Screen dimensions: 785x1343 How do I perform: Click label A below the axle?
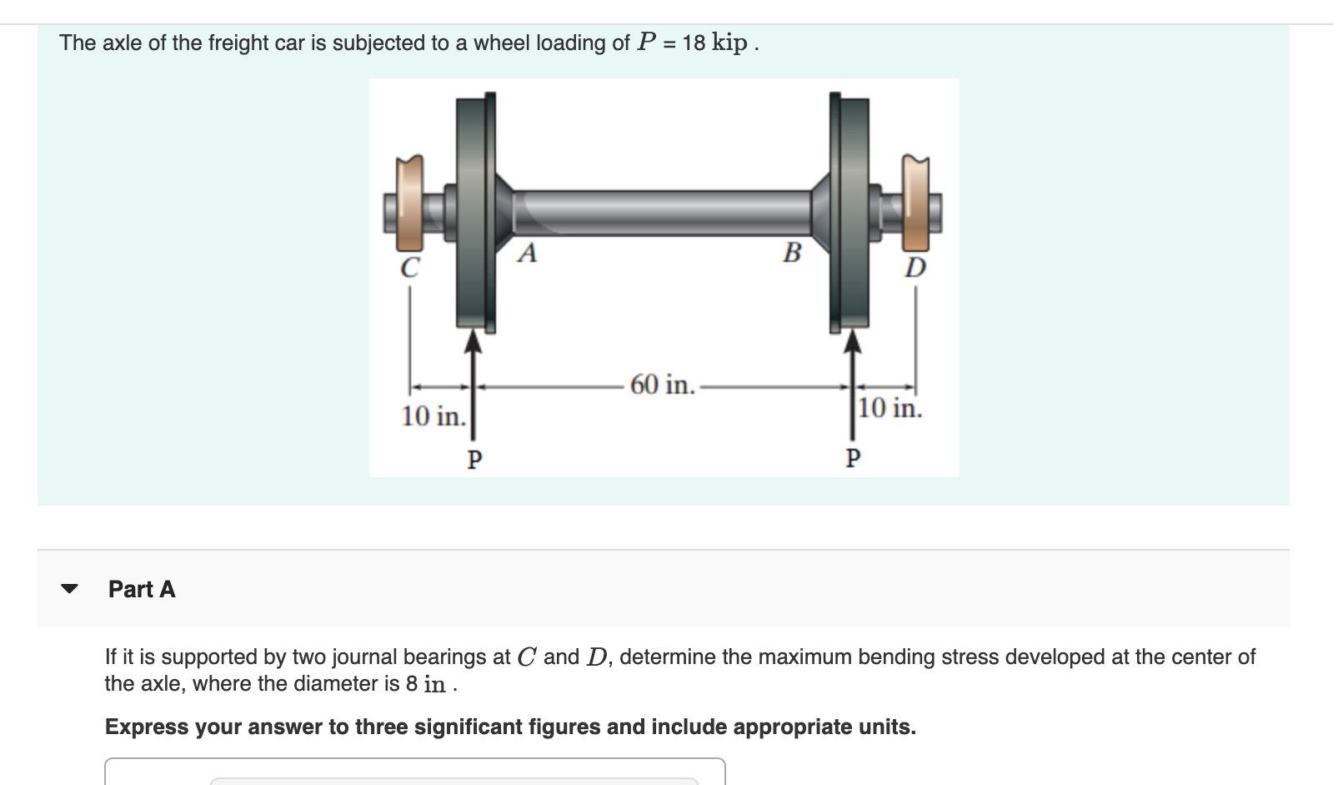(527, 253)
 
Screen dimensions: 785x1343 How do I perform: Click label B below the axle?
(792, 252)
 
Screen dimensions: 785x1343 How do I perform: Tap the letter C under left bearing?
(409, 269)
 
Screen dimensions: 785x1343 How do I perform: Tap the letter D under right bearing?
(915, 268)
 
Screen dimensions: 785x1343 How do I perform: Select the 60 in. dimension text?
(662, 385)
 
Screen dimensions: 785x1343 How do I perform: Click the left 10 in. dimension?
(433, 415)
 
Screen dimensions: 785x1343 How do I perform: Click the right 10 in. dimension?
(890, 408)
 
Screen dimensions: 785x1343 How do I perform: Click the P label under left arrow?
(474, 460)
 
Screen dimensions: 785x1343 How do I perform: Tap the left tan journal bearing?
(409, 204)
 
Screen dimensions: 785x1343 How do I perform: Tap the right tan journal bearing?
(916, 204)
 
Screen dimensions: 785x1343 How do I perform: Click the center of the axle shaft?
(663, 213)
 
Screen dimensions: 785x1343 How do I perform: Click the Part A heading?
(142, 589)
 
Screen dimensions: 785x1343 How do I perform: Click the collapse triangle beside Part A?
(70, 589)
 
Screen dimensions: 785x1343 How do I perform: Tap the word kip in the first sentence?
(729, 43)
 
